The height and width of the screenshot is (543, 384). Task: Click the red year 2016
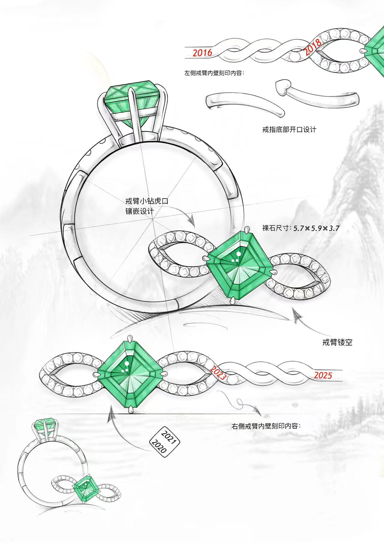coord(202,53)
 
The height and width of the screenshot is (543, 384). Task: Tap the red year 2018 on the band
coord(312,48)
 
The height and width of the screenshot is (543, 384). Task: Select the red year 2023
coord(218,373)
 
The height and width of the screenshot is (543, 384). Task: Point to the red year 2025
coord(323,375)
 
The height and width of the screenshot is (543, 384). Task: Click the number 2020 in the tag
coord(159,446)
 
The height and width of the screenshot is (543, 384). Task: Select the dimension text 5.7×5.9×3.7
coord(316,228)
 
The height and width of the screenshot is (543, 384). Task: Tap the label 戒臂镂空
coord(337,342)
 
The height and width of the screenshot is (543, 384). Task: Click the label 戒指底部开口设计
coord(289,130)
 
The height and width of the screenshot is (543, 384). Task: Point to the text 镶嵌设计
coord(139,211)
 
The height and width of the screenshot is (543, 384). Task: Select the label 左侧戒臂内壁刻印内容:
coord(214,73)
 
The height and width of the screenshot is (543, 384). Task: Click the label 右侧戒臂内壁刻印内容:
coord(266,426)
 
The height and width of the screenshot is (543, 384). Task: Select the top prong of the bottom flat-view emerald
coord(130,339)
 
